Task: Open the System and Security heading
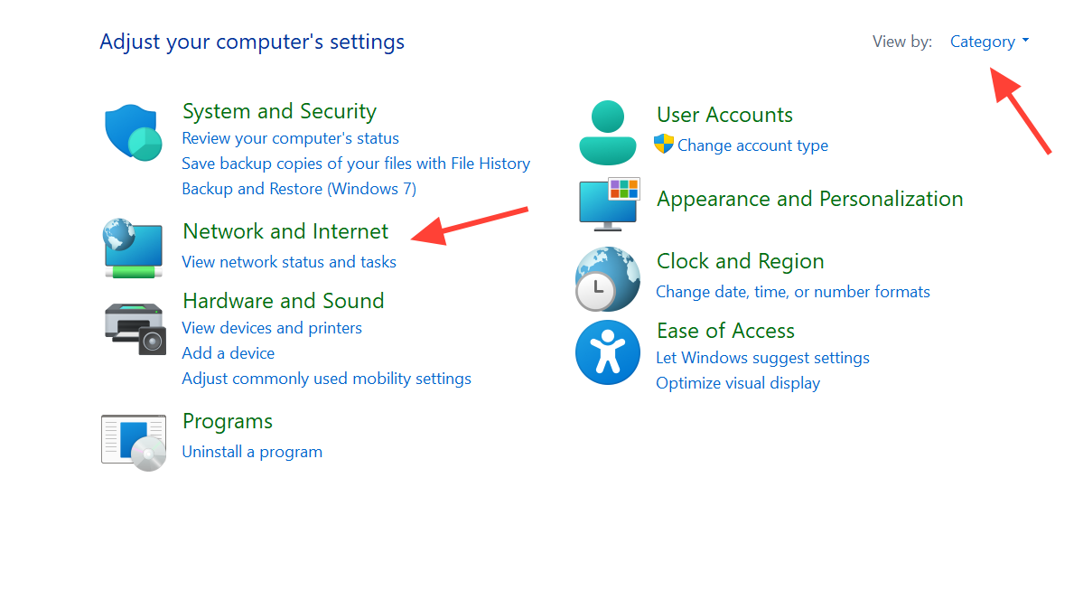(279, 112)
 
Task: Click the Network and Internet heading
(285, 231)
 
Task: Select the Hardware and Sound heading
(283, 301)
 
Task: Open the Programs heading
(227, 421)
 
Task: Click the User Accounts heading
(724, 115)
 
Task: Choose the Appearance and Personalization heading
(809, 199)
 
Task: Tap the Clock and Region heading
(740, 261)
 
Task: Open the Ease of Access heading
(725, 331)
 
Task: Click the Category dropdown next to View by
(989, 42)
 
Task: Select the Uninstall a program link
(252, 452)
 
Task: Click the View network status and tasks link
(289, 262)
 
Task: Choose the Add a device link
(228, 353)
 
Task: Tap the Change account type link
(752, 145)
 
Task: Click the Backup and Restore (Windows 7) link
(299, 189)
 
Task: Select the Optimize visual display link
(738, 383)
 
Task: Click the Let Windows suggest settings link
(762, 358)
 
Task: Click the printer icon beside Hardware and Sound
(134, 328)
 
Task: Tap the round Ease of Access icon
(608, 352)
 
